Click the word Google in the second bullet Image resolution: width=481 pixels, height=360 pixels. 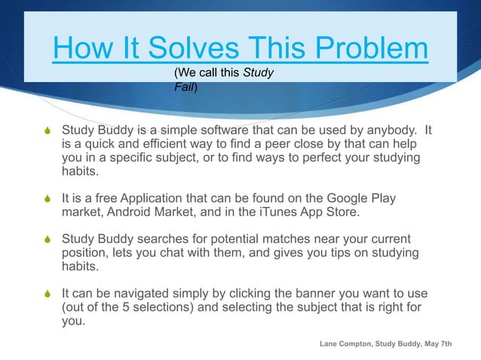click(x=343, y=199)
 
